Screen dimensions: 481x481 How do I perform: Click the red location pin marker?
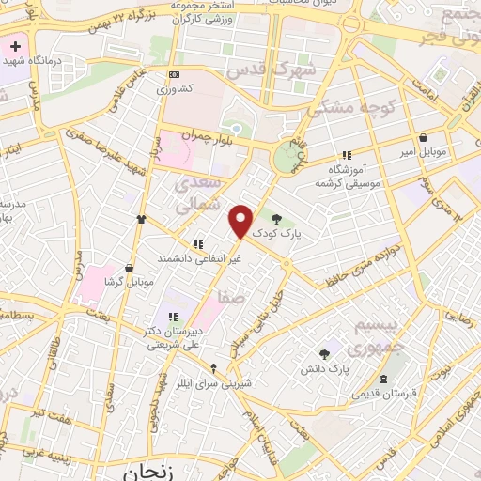click(x=241, y=221)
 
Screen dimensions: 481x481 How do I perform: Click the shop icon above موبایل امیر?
click(x=424, y=137)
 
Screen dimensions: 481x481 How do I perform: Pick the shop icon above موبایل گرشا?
click(x=128, y=268)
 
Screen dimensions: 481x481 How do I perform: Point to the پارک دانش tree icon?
click(x=324, y=354)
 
